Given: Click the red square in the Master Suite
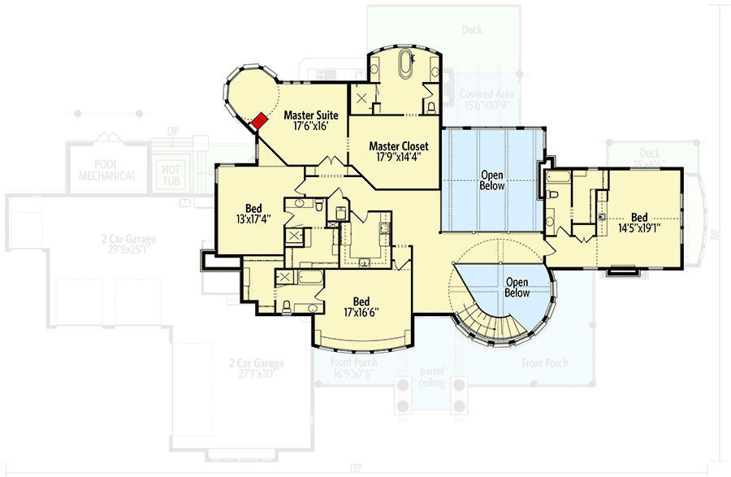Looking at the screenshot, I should click(258, 121).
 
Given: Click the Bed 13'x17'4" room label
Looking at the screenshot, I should click(252, 213).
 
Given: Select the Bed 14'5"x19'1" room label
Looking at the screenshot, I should click(640, 223).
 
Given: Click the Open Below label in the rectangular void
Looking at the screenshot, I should click(492, 180).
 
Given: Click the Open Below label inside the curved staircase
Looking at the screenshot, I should click(517, 287).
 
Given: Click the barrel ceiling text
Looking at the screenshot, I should click(432, 376).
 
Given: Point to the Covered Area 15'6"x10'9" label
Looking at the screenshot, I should click(487, 99).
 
